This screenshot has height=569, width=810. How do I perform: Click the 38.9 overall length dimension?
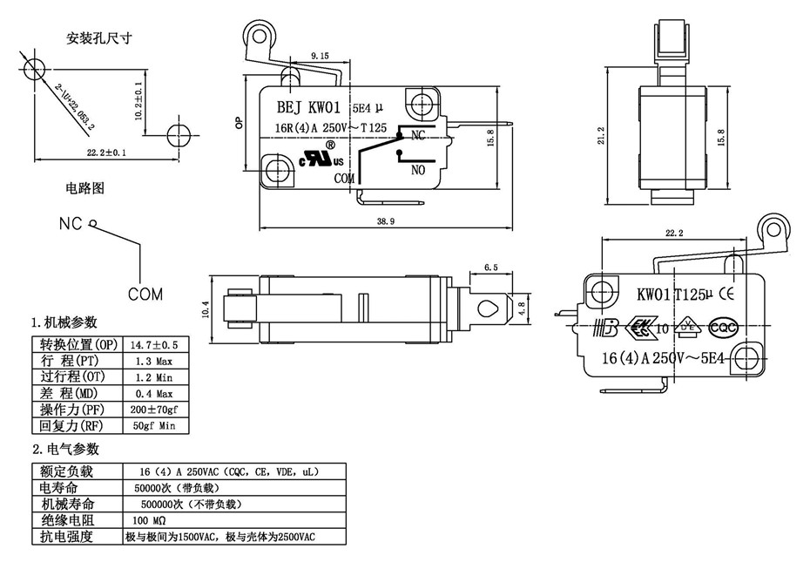[387, 222]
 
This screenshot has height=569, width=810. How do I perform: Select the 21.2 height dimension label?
[600, 136]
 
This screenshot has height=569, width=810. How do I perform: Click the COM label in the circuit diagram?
[145, 295]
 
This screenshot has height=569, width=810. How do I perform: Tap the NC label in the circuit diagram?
[71, 224]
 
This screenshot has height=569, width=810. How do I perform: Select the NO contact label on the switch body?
[417, 171]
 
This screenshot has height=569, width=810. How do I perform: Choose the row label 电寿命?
[58, 488]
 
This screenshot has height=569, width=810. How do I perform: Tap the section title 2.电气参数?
[65, 450]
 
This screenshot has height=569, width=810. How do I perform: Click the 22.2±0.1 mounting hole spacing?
[107, 153]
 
